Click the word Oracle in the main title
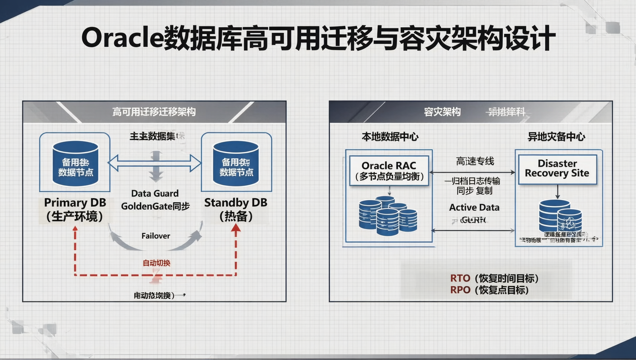(x=122, y=38)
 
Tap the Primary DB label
(x=75, y=203)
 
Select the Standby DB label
(x=235, y=203)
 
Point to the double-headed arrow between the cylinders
(x=154, y=163)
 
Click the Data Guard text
(x=155, y=193)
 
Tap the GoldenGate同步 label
(x=155, y=206)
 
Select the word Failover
(x=156, y=236)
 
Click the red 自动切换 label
(x=156, y=263)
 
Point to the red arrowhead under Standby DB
(x=236, y=229)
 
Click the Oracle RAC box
(x=389, y=171)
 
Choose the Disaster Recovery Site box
(x=557, y=169)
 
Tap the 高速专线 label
(x=475, y=161)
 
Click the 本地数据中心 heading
(x=390, y=137)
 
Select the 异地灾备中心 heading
(x=556, y=137)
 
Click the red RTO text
(x=460, y=278)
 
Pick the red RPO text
(x=460, y=290)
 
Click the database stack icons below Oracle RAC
(x=388, y=216)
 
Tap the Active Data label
(x=474, y=207)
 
